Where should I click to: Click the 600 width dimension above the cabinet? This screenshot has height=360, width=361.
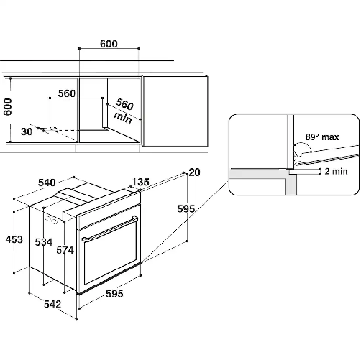[109, 44]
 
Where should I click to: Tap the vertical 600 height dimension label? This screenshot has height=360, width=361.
[7, 107]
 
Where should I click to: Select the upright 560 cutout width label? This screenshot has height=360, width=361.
[67, 93]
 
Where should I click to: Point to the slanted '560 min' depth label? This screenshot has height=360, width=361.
[124, 111]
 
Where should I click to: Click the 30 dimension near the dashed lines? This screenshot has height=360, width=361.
[27, 131]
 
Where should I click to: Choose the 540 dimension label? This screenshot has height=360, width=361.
[47, 183]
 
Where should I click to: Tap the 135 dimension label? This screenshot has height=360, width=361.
[141, 182]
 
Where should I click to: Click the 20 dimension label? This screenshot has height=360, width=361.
[194, 172]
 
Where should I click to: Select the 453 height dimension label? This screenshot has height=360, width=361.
[14, 239]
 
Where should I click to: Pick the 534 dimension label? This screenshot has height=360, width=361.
[44, 242]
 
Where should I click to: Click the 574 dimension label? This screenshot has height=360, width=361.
[65, 250]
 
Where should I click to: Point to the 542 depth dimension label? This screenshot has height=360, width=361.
[52, 304]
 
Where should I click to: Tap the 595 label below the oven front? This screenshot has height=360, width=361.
[114, 294]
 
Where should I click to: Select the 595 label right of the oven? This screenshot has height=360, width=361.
[186, 209]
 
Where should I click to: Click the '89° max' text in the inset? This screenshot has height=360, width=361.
[322, 137]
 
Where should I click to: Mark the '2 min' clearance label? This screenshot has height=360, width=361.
[336, 171]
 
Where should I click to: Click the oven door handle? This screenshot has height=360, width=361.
[110, 229]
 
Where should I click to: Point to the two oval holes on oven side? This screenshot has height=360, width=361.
[51, 220]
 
